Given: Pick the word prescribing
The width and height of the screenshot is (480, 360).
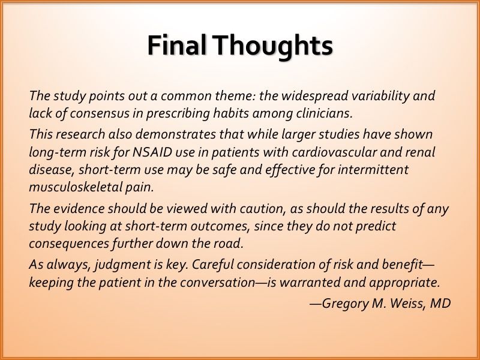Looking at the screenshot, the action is (x=178, y=114).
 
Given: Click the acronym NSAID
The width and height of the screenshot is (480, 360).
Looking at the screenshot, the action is (x=152, y=152).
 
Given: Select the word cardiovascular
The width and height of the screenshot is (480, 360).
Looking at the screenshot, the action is (x=334, y=152).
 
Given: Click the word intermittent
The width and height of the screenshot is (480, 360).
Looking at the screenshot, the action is (x=373, y=170).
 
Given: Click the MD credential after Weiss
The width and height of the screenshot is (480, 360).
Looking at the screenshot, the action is (x=440, y=304).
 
